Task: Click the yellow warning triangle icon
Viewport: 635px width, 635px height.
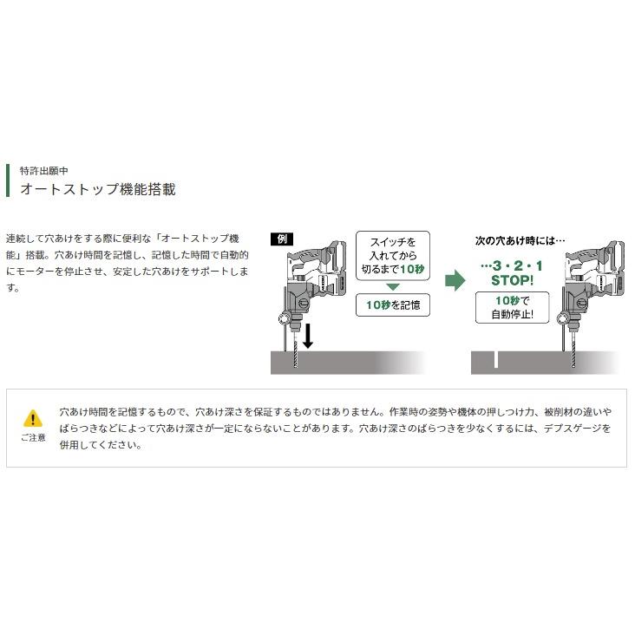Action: tap(32, 418)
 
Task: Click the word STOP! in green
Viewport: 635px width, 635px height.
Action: tap(512, 280)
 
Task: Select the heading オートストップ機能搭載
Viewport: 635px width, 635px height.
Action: tap(98, 188)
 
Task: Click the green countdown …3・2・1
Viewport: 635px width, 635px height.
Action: tap(512, 265)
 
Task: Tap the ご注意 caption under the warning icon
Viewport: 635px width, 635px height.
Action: tap(33, 437)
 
